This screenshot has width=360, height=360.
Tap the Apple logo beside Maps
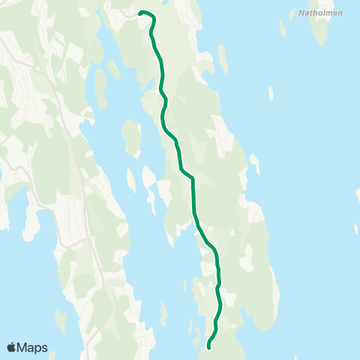[12, 347]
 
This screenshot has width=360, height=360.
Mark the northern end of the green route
[140, 12]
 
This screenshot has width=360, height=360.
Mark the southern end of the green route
[208, 347]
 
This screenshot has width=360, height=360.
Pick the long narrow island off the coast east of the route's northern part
[223, 58]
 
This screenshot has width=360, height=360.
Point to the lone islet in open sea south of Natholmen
[271, 92]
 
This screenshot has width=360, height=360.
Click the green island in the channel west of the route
[133, 136]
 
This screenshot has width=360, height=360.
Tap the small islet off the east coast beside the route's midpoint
[254, 163]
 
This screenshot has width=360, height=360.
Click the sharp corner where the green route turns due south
[193, 178]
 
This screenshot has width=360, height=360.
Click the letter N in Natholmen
[300, 13]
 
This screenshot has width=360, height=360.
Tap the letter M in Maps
[23, 347]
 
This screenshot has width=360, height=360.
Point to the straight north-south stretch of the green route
[193, 196]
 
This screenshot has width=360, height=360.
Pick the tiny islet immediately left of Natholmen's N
[291, 12]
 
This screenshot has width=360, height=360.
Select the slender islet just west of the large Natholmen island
[282, 28]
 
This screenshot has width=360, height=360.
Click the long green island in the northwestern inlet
[100, 86]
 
